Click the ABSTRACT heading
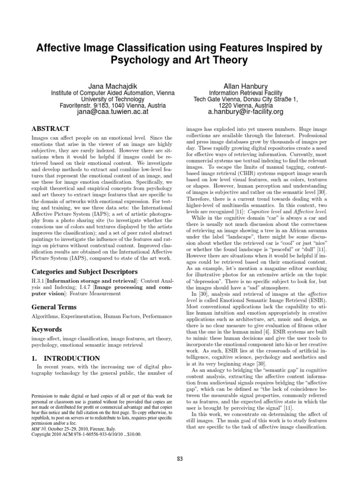point(50,128)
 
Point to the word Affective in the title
point(61,47)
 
